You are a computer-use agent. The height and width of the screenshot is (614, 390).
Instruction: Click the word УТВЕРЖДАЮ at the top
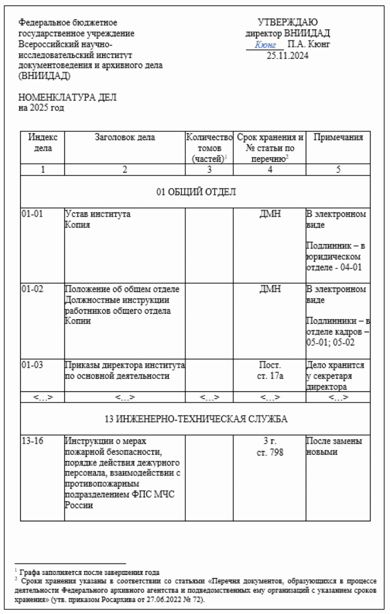[x=287, y=23]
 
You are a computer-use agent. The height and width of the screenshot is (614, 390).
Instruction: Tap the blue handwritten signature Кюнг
[x=265, y=45]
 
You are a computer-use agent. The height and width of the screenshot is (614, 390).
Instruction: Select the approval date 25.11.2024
[x=287, y=56]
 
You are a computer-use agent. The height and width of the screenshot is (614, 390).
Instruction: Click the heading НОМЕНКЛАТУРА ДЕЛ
[x=67, y=98]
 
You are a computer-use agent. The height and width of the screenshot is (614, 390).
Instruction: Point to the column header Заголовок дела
[x=125, y=137]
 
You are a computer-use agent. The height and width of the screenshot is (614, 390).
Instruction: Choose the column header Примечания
[x=338, y=137]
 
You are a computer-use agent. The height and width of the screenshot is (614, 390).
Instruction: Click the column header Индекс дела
[x=43, y=143]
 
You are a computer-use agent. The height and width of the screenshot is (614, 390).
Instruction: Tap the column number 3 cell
[x=209, y=170]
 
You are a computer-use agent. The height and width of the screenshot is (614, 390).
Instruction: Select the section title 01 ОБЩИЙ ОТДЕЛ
[x=195, y=192]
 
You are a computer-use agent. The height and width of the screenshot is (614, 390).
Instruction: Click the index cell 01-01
[x=32, y=214]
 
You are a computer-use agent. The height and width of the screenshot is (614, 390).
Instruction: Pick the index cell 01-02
[x=32, y=289]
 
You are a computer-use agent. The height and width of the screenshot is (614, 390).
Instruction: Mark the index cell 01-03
[x=32, y=365]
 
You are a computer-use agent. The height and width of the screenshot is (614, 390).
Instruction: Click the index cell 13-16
[x=32, y=441]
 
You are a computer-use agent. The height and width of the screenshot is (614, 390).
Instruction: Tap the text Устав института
[x=97, y=214]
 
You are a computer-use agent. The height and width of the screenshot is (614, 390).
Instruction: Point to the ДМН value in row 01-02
[x=270, y=289]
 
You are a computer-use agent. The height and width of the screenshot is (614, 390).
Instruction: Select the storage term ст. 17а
[x=270, y=376]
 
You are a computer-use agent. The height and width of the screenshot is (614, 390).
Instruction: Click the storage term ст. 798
[x=270, y=452]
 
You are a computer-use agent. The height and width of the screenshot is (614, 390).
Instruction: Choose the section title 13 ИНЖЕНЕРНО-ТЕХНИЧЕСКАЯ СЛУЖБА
[x=195, y=419]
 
